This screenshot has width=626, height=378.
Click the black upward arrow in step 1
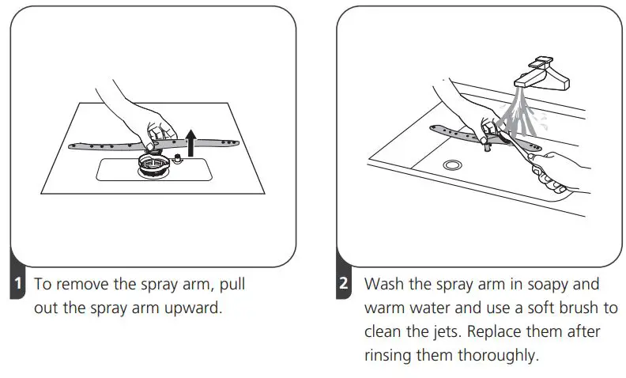[190, 143]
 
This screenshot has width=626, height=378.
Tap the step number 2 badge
[344, 284]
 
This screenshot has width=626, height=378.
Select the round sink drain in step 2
[452, 164]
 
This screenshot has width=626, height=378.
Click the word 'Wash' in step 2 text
[383, 284]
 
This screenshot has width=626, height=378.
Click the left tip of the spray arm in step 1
[72, 144]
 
